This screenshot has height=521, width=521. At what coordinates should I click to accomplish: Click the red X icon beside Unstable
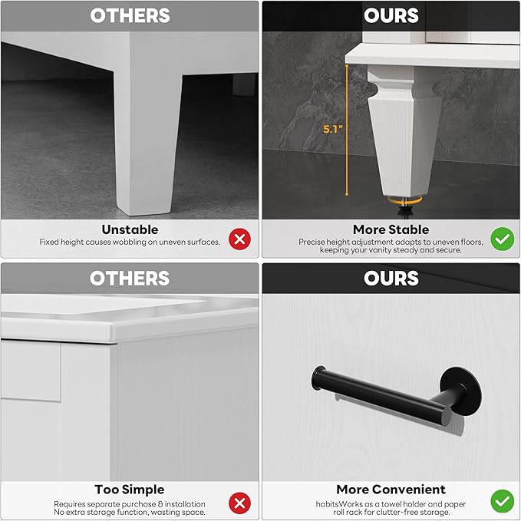coord(239,239)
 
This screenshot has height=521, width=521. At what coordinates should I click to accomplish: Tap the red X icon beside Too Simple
coord(239,503)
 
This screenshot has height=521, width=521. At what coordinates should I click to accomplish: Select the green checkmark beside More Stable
coord(502,239)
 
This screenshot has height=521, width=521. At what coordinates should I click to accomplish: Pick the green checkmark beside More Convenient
coord(502,501)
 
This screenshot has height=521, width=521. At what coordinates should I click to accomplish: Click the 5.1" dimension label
coord(332,129)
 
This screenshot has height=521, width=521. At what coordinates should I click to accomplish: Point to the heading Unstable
coord(130,229)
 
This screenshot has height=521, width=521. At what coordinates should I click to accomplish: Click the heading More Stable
coord(391,229)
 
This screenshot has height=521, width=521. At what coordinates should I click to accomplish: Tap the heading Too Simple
coord(130,490)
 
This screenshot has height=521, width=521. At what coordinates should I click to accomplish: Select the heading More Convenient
coord(391,490)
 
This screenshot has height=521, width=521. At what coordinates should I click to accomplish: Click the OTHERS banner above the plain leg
coord(130,15)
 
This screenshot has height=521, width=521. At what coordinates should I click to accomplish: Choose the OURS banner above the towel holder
coord(391,278)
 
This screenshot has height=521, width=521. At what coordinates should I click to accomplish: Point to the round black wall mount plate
coord(462,391)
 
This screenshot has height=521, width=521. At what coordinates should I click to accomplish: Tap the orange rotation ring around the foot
coord(404,201)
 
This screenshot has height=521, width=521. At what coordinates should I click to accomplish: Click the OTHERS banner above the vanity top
coord(130,278)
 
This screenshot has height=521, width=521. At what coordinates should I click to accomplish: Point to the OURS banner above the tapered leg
coord(391,15)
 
